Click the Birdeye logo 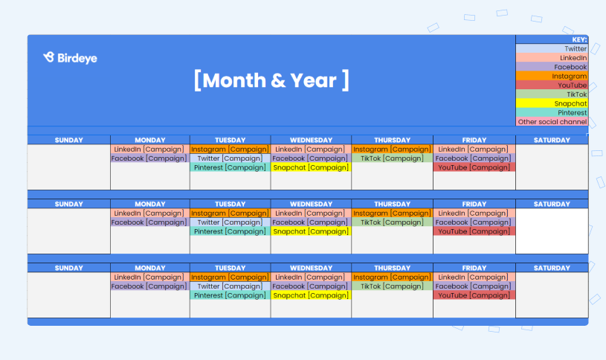click(x=70, y=58)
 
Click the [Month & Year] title click(x=271, y=80)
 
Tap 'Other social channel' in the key click(x=552, y=121)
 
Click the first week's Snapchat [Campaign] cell click(x=311, y=167)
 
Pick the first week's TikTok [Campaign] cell click(x=392, y=158)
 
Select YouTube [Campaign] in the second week click(x=474, y=231)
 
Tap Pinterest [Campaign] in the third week click(x=230, y=295)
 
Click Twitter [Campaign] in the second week click(x=230, y=222)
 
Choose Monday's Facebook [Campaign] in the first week click(x=149, y=158)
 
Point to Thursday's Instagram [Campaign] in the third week click(x=392, y=277)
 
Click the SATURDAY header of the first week click(x=552, y=140)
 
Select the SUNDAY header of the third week click(x=69, y=268)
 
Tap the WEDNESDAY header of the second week click(x=311, y=204)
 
